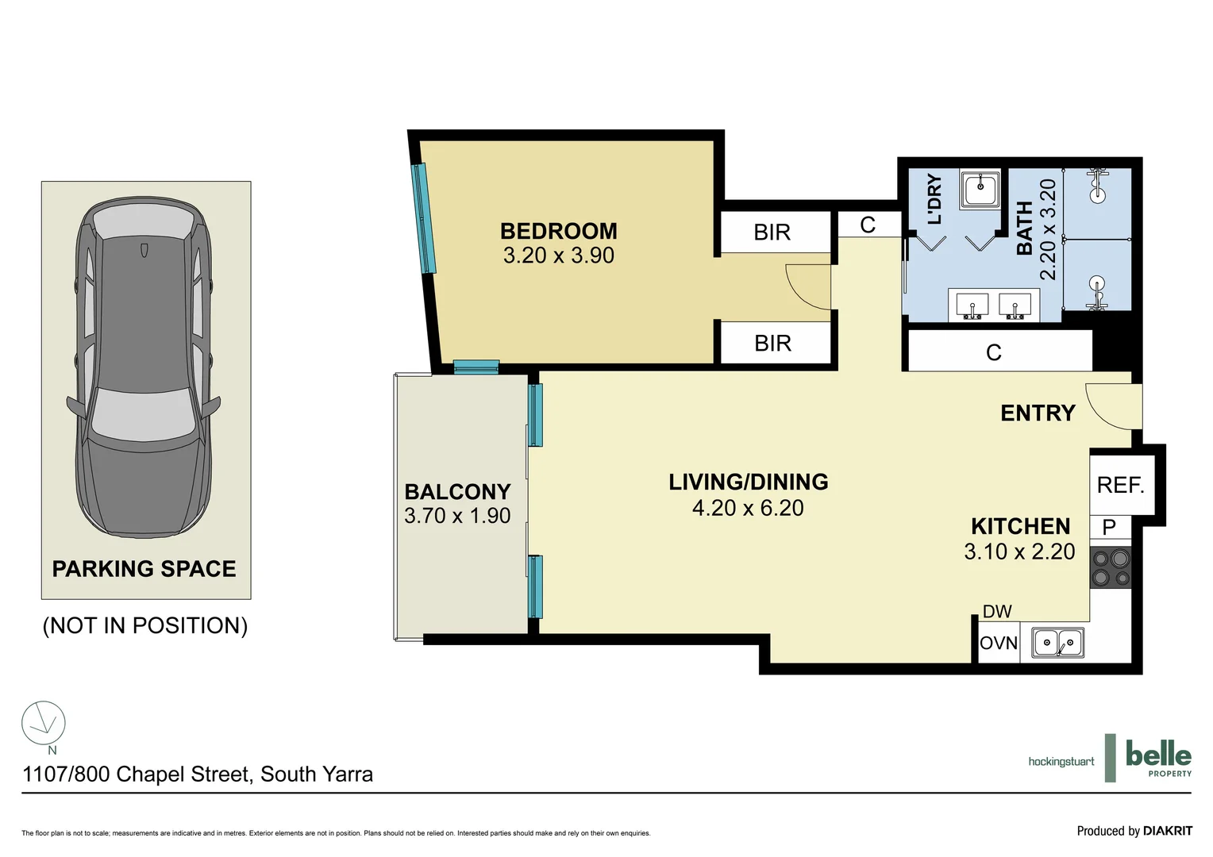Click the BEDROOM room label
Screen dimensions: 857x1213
(x=558, y=231)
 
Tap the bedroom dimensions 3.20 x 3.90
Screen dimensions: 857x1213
(x=558, y=256)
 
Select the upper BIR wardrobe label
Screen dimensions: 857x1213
(x=772, y=233)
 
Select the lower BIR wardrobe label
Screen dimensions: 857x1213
(x=772, y=344)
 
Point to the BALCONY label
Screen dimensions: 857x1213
(x=457, y=492)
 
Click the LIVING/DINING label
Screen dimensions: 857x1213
(x=748, y=482)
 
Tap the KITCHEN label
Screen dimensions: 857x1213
(x=1020, y=527)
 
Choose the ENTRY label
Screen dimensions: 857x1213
(x=1038, y=413)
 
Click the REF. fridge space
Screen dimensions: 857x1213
(x=1119, y=485)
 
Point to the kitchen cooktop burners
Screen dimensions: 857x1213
(x=1111, y=568)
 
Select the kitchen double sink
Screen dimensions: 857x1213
(x=1057, y=642)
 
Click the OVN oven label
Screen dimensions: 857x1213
(x=998, y=643)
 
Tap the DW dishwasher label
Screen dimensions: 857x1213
(x=997, y=612)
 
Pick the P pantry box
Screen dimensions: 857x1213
(x=1109, y=527)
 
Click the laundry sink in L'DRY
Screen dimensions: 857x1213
(x=980, y=190)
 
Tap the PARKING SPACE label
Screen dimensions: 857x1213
(x=144, y=569)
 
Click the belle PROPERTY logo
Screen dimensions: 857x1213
(x=1157, y=759)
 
